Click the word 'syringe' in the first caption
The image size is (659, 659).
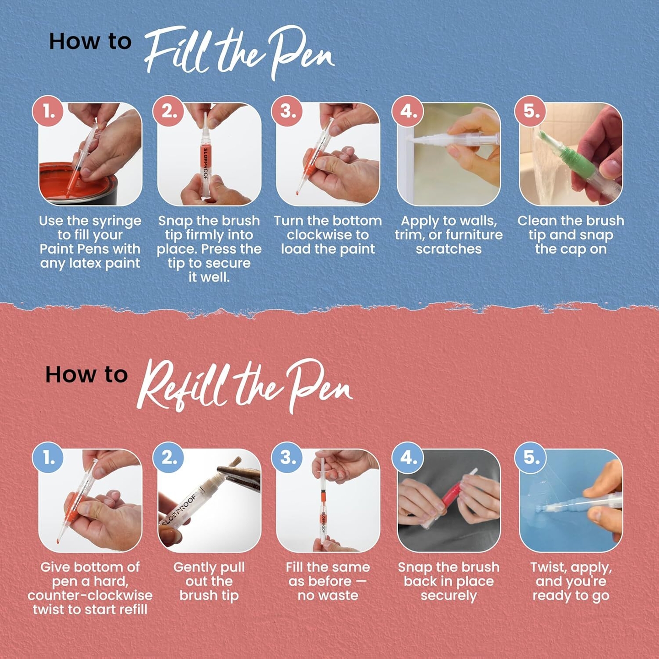117,221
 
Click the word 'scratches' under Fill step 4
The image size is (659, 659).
448,249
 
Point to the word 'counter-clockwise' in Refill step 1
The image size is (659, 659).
90,595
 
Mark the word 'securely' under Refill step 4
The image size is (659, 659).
448,595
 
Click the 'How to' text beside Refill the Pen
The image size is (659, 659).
86,374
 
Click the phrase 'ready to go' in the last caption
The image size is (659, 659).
571,595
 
